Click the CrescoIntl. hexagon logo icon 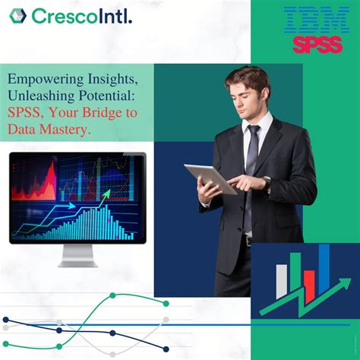click(18, 15)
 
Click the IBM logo click(311, 20)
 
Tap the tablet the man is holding click(208, 178)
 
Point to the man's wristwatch click(267, 183)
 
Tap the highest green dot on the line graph click(112, 295)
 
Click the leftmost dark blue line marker click(5, 319)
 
